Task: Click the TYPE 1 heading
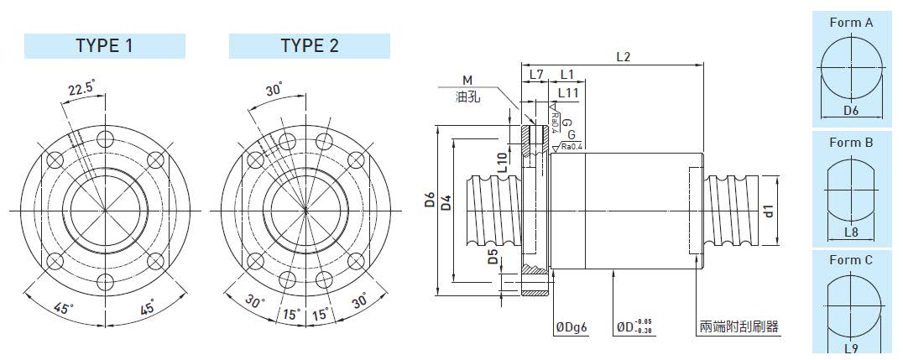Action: point(104,46)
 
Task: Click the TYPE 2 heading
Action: point(310,46)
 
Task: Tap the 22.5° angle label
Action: point(81,89)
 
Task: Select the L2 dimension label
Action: point(623,56)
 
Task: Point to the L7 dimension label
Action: point(536,75)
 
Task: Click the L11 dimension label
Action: point(568,92)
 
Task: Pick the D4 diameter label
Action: point(446,203)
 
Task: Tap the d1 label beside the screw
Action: point(769,211)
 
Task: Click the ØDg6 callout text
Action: point(572,328)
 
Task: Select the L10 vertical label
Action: point(502,163)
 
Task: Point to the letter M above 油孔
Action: point(467,80)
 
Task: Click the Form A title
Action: point(851,23)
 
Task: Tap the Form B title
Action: point(851,143)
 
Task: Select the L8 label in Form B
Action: point(851,232)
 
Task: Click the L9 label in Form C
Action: point(851,348)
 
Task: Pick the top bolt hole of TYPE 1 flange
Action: point(106,138)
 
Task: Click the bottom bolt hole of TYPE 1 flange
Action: point(106,282)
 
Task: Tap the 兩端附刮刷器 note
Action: point(739,327)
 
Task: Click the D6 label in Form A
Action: point(851,111)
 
